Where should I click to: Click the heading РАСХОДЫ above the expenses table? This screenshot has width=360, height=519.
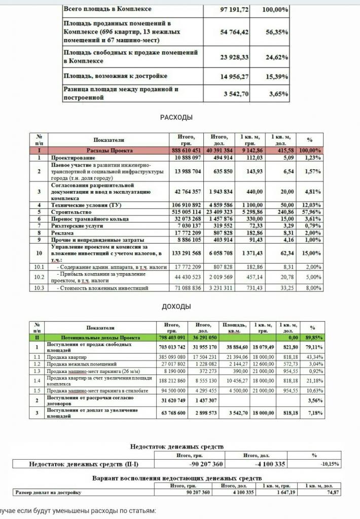(176, 117)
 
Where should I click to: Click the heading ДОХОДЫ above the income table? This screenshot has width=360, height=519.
(176, 307)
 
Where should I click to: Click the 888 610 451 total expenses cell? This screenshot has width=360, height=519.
(186, 151)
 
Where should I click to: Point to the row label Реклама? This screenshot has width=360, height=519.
(63, 233)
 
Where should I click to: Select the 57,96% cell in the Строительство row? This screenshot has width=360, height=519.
(310, 211)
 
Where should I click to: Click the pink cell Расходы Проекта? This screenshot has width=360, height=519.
(109, 151)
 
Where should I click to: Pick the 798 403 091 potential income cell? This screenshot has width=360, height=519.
(172, 337)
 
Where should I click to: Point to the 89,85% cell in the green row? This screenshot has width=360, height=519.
(312, 337)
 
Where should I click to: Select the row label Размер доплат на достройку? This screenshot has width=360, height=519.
(48, 492)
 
